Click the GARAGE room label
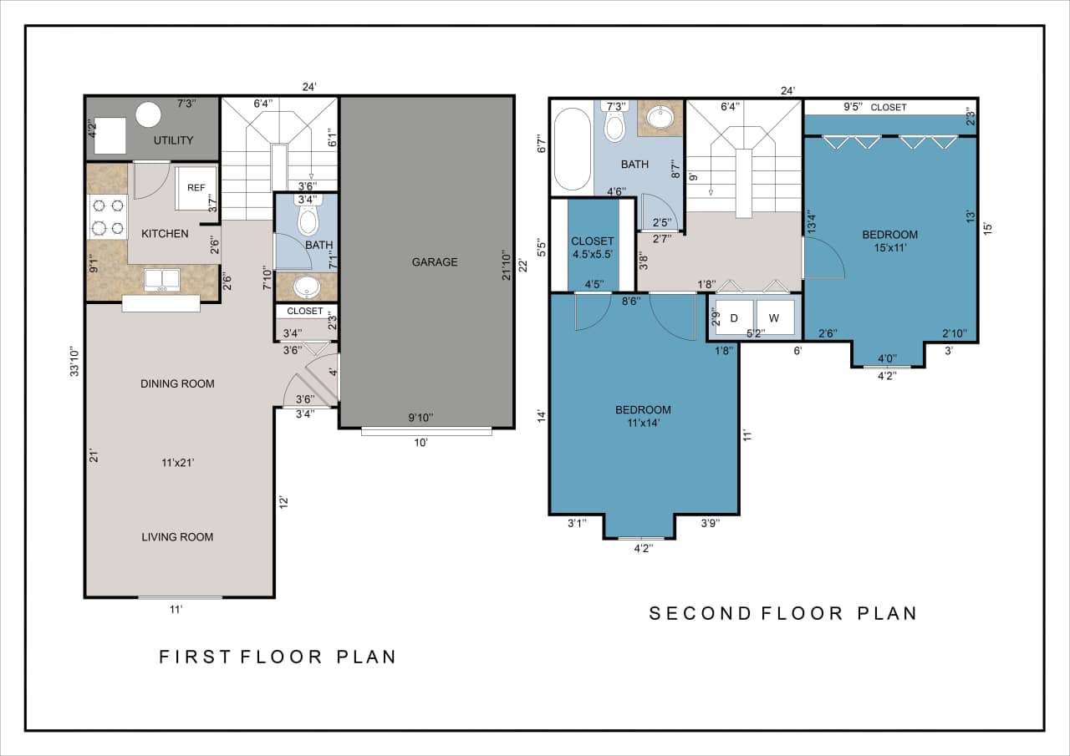click(434, 262)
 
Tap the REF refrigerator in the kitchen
click(196, 189)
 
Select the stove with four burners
click(107, 216)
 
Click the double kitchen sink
click(162, 279)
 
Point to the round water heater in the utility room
click(149, 114)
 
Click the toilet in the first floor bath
click(308, 219)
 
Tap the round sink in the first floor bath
click(307, 287)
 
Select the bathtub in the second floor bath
click(571, 148)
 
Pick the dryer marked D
click(734, 317)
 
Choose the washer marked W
click(774, 317)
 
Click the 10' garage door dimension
click(420, 443)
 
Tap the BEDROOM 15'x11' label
click(889, 241)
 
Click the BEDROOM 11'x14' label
click(643, 416)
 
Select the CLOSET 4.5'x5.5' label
click(593, 248)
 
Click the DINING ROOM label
click(177, 384)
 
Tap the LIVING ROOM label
click(177, 537)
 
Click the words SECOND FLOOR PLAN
click(783, 613)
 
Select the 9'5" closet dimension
click(853, 107)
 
